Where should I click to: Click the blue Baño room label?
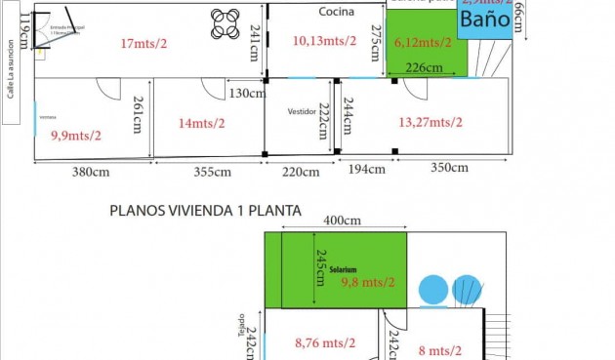click(484, 20)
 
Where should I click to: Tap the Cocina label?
click(336, 12)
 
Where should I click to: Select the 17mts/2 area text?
click(144, 43)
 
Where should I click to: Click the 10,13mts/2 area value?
click(324, 41)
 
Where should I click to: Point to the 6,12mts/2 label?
click(423, 42)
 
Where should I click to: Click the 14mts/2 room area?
click(201, 123)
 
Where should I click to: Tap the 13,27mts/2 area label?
click(430, 122)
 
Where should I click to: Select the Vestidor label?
click(302, 111)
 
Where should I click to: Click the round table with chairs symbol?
click(225, 23)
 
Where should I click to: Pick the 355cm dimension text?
click(212, 173)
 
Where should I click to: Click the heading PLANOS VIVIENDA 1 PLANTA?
click(205, 210)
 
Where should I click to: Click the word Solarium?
click(342, 269)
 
